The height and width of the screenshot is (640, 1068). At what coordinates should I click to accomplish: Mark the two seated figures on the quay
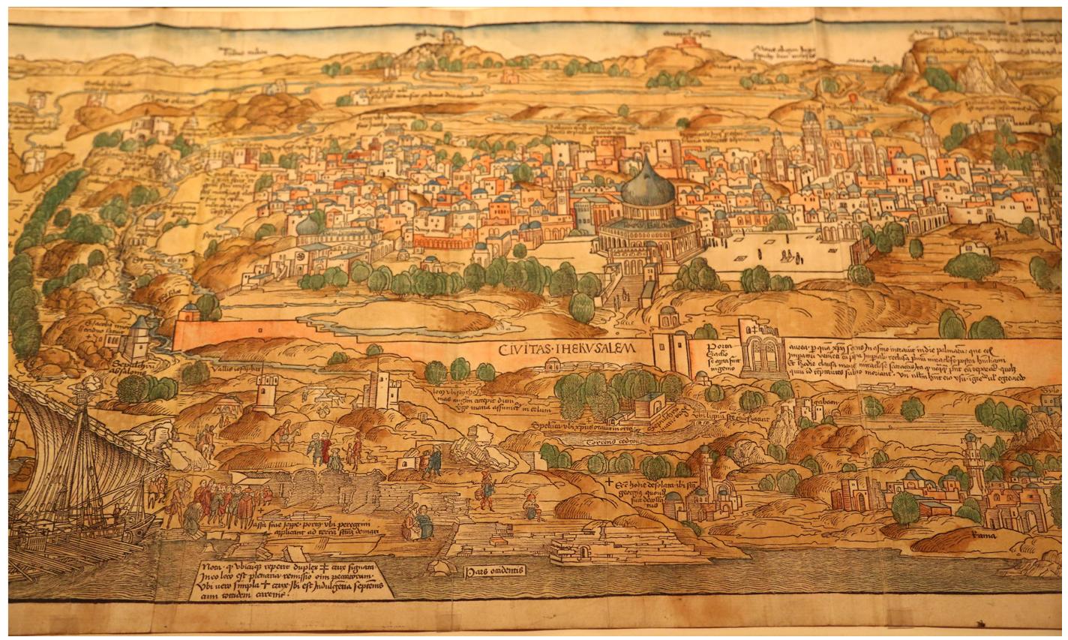point(415,521)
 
